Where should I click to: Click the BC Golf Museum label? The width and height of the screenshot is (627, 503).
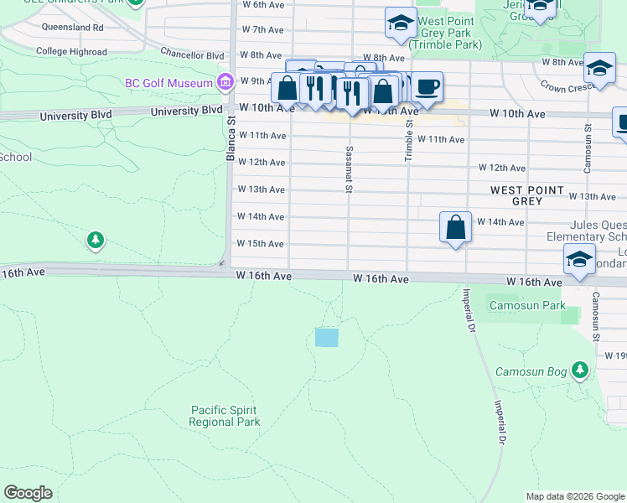point(168,83)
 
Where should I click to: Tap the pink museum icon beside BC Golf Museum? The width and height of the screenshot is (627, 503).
point(225,82)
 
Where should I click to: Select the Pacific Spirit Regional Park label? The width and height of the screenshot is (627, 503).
point(224,416)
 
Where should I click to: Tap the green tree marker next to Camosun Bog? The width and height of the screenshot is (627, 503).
point(579,369)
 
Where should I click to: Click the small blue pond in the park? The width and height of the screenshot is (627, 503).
point(326,338)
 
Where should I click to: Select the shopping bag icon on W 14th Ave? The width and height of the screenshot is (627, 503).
point(455,226)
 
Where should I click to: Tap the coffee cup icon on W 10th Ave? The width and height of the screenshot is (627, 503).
point(427,86)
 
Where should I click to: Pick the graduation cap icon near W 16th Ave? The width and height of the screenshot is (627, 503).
point(579,259)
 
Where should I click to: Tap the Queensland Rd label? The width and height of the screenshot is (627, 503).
point(72,28)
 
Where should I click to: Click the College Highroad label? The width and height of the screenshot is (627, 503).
point(71,51)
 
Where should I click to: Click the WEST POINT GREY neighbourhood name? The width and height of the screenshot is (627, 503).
point(527,196)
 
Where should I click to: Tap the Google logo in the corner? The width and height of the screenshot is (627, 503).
point(28,493)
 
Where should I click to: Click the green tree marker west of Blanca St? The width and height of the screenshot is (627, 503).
point(96,241)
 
